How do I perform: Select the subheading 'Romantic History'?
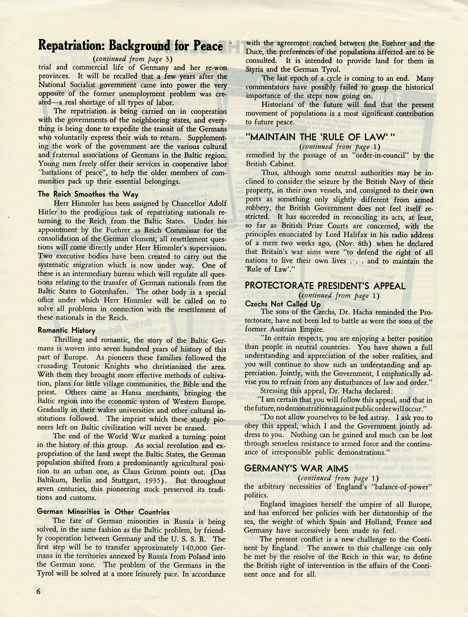[66, 331]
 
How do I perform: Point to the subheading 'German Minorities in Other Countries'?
[103, 512]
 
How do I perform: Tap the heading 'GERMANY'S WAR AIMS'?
[296, 468]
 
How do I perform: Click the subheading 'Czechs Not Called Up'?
[283, 304]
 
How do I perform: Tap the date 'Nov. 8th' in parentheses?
[354, 244]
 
